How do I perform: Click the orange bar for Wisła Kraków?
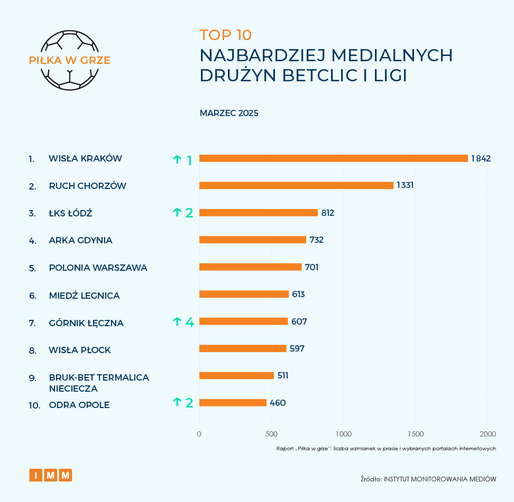333,158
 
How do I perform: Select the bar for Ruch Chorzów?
296,185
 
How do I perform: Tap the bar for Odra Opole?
233,403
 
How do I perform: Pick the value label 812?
328,213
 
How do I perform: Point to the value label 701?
311,267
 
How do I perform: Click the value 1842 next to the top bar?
482,158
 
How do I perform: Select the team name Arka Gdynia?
80,240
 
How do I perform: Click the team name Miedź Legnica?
84,296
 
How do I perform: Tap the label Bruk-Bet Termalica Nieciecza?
98,383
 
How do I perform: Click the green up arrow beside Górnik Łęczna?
177,321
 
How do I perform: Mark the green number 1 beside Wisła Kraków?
189,160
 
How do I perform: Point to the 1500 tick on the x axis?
416,434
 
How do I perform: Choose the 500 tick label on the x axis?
271,434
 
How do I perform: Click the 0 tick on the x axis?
199,434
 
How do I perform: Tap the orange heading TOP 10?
225,35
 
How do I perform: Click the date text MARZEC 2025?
229,113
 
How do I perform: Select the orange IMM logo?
51,475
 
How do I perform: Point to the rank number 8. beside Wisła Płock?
32,350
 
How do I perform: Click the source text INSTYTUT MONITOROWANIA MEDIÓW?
439,479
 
